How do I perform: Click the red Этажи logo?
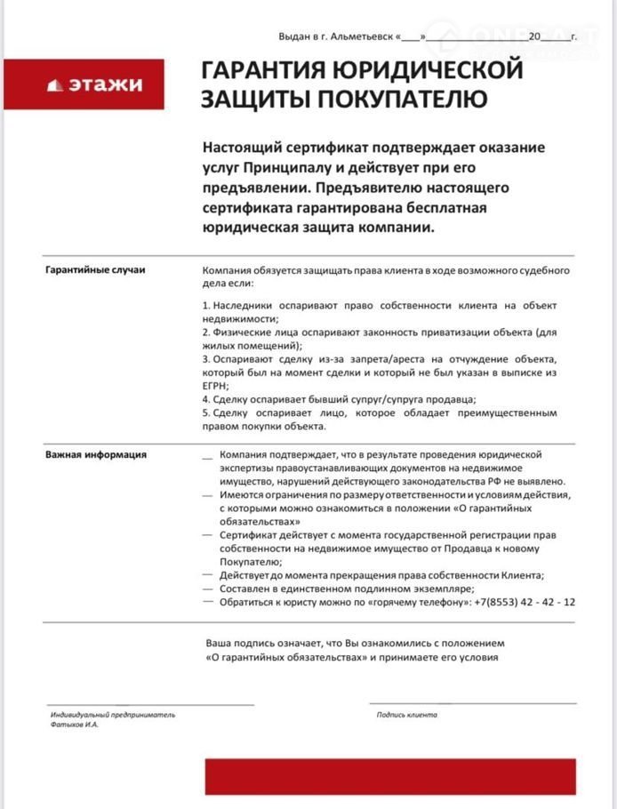pos(94,84)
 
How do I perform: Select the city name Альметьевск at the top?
pos(362,37)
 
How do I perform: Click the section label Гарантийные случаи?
pos(94,268)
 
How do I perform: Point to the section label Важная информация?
pos(96,454)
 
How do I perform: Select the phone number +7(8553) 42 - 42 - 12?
pos(525,602)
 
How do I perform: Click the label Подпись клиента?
pos(407,714)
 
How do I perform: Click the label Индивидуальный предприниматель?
pos(112,714)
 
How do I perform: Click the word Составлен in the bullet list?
pos(246,589)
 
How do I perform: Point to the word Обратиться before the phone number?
pos(251,602)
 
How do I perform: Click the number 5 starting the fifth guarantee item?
pos(205,413)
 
